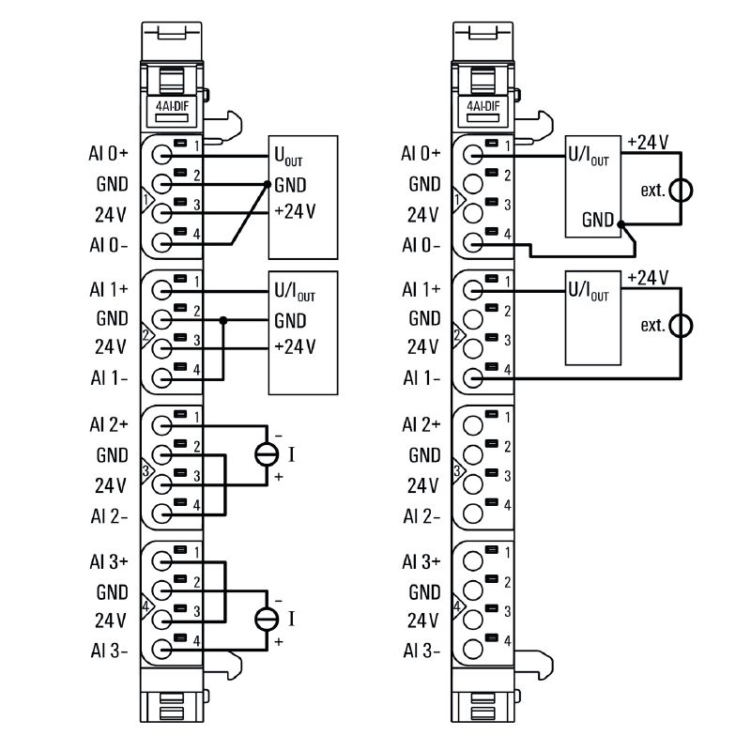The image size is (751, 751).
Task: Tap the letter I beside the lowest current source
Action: pyautogui.click(x=292, y=619)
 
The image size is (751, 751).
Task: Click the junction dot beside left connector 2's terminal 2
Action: pyautogui.click(x=223, y=320)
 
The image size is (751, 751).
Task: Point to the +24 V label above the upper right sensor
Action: pyautogui.click(x=647, y=142)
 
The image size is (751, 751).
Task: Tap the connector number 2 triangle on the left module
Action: pyautogui.click(x=145, y=334)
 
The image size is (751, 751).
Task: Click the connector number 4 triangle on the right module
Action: pyautogui.click(x=457, y=605)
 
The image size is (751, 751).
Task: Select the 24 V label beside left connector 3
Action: pyautogui.click(x=110, y=485)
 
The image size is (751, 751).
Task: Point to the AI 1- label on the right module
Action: pyautogui.click(x=421, y=378)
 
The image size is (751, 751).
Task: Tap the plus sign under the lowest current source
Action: pyautogui.click(x=278, y=642)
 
